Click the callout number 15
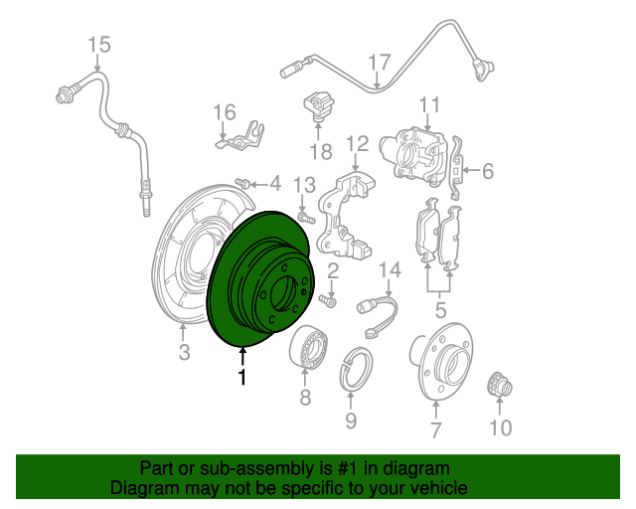(99, 45)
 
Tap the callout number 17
(380, 62)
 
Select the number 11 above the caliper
(429, 104)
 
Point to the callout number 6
(488, 171)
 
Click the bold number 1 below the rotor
(242, 377)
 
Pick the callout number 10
(501, 427)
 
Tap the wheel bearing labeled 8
(309, 347)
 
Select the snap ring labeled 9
(356, 368)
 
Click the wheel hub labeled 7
(441, 361)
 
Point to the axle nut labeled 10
(499, 385)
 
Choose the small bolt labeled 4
(242, 183)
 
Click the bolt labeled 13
(306, 217)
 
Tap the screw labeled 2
(328, 301)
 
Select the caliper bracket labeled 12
(346, 215)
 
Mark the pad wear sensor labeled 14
(378, 315)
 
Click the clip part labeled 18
(318, 104)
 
